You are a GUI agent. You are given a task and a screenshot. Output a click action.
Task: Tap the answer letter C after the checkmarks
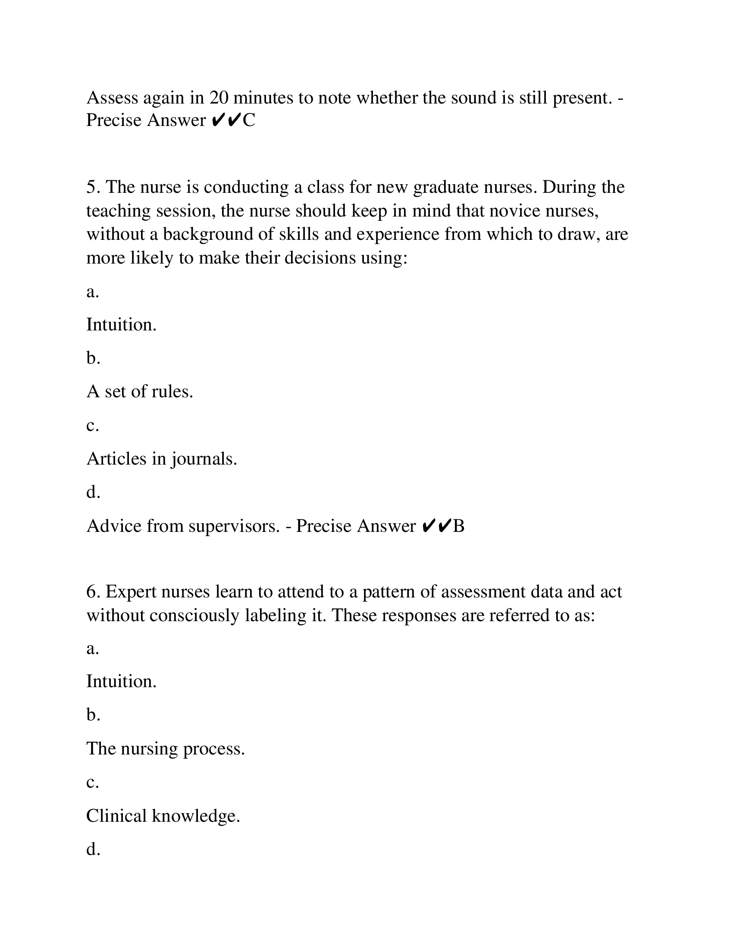click(x=249, y=120)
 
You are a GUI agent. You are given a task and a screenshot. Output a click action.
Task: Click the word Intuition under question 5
click(x=121, y=324)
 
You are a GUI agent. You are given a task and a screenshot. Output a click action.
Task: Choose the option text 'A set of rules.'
click(x=139, y=392)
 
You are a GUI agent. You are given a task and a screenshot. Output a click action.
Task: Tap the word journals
click(x=204, y=459)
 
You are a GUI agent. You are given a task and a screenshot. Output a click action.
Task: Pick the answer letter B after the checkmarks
click(x=459, y=526)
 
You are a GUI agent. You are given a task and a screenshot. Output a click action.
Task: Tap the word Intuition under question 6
click(x=121, y=681)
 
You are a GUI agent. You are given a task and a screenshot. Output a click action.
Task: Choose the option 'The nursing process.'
click(x=166, y=749)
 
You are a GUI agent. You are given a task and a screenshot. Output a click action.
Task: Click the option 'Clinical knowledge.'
click(x=163, y=816)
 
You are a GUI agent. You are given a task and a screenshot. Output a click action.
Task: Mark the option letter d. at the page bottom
click(x=94, y=849)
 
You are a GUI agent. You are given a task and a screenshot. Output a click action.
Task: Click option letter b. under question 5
click(x=94, y=358)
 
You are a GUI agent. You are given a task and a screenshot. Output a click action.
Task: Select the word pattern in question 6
click(x=383, y=592)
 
